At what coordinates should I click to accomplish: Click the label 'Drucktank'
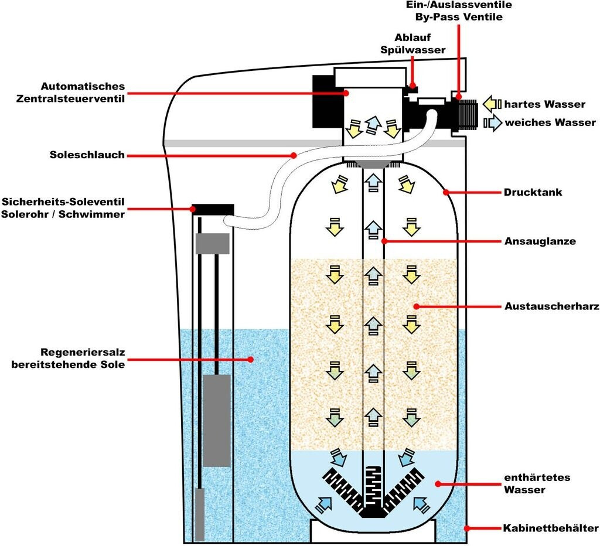[x=533, y=192]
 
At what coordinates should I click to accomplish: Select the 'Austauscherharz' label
[x=551, y=306]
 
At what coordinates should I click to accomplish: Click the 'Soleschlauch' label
[x=87, y=155]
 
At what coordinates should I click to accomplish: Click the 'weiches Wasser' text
[x=550, y=122]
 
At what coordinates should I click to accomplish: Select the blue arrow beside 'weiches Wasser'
[x=493, y=122]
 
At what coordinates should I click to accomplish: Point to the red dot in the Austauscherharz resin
[x=414, y=306]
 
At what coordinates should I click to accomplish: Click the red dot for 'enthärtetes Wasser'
[x=437, y=483]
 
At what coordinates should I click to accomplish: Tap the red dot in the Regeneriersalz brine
[x=251, y=359]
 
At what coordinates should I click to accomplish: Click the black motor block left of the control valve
[x=323, y=101]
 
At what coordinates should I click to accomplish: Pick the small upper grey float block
[x=212, y=243]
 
